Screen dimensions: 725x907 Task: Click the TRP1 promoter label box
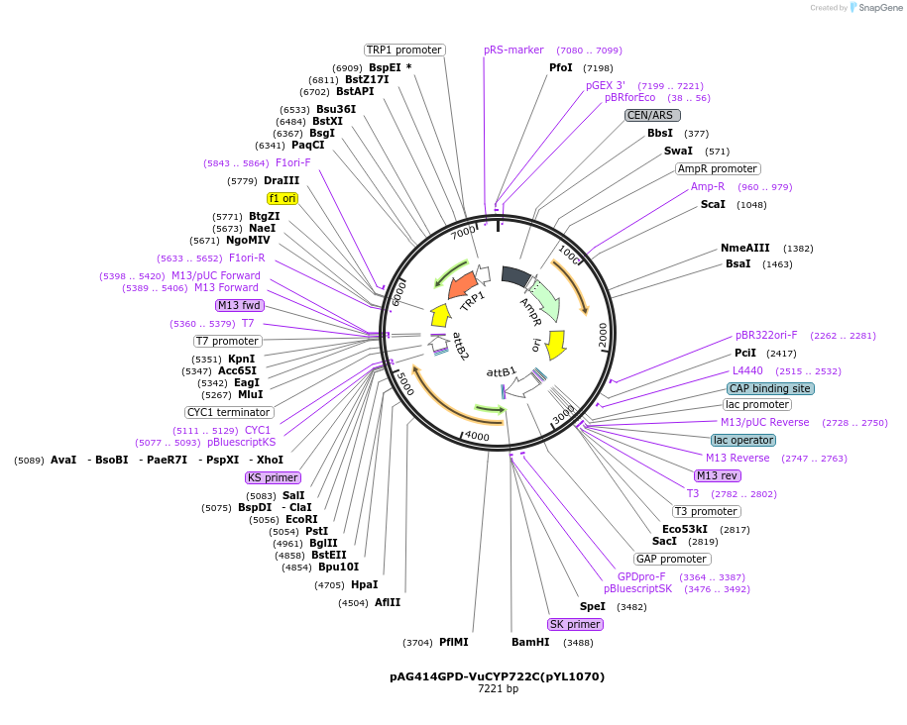(404, 50)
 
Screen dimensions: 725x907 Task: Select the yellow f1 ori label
(283, 198)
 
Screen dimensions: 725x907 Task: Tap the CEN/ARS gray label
(651, 115)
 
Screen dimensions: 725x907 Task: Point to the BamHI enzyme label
(530, 642)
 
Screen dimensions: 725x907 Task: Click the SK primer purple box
(575, 624)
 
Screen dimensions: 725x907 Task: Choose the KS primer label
(273, 477)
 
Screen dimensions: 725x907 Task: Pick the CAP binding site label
(769, 388)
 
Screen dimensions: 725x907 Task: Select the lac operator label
(743, 440)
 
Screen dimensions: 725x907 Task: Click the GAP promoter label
(671, 559)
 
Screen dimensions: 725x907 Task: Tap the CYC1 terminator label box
(229, 412)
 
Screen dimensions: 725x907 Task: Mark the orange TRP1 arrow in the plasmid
(464, 285)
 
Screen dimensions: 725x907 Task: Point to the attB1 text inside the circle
(502, 372)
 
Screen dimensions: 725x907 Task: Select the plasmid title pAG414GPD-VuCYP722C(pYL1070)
(497, 676)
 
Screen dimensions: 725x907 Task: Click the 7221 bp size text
(498, 688)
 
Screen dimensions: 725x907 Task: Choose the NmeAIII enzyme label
(744, 248)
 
